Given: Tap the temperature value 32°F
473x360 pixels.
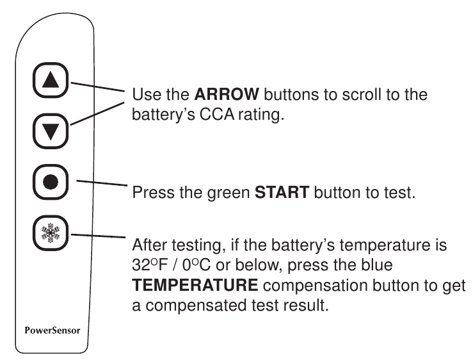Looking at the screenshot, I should click(x=148, y=265).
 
